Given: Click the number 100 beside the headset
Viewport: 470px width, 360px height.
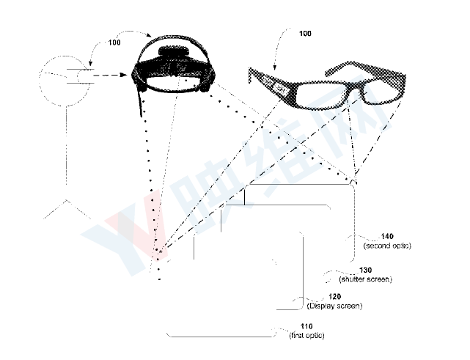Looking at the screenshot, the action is point(114,43).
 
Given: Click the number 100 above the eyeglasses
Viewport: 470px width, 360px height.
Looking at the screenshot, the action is point(305,33).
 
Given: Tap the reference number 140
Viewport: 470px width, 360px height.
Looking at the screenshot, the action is point(387,237).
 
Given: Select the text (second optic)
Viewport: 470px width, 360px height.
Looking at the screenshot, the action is point(387,246).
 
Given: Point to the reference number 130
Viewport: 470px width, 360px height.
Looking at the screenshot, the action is point(365,271).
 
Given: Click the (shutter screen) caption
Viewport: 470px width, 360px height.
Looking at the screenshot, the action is point(365,279).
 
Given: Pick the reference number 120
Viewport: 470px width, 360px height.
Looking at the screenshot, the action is point(335,297).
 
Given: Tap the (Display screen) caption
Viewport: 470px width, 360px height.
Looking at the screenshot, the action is point(335,306).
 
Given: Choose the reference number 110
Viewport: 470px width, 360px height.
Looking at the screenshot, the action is point(306,326).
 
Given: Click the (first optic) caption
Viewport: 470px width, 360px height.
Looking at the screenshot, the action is point(306,335).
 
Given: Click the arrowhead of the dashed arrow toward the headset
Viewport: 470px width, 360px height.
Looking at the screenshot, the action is point(124,75).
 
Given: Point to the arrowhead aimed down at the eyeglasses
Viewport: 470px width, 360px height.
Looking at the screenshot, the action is point(274,67).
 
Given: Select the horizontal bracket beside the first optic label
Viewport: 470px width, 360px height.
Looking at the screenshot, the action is point(221,335).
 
